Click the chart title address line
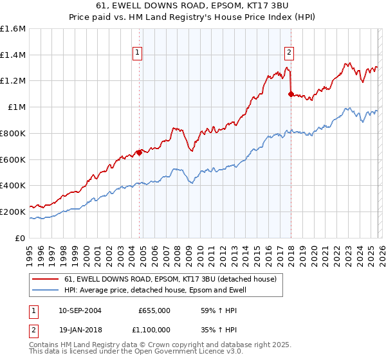193,6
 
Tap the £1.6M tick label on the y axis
13,29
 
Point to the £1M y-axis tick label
15,107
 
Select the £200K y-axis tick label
13,212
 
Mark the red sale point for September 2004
139,152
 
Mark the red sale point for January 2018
291,94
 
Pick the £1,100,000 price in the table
154,328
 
